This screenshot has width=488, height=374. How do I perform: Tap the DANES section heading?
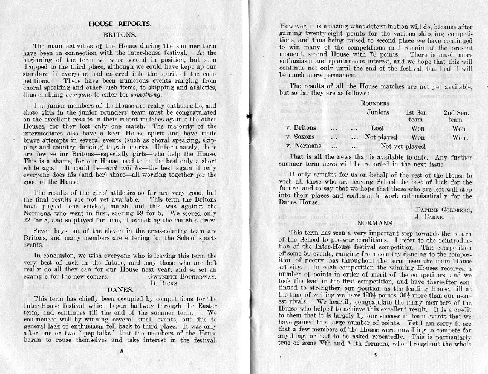click(119, 290)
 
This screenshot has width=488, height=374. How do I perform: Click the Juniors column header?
click(379, 112)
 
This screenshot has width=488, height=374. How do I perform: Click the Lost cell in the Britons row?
click(377, 128)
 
